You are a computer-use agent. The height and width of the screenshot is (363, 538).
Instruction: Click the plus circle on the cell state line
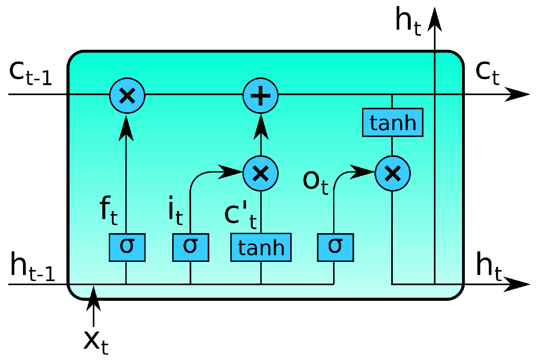pyautogui.click(x=261, y=95)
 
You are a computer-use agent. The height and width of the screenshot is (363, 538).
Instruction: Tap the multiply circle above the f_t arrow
pyautogui.click(x=127, y=95)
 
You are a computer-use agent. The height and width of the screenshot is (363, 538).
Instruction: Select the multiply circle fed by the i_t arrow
pyautogui.click(x=261, y=174)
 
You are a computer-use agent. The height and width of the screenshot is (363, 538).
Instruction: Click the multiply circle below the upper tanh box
pyautogui.click(x=392, y=174)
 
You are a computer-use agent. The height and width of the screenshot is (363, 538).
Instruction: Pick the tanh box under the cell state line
pyautogui.click(x=392, y=122)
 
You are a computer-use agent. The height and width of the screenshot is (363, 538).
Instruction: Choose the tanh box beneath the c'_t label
pyautogui.click(x=261, y=248)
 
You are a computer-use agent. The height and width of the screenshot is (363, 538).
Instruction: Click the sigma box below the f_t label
pyautogui.click(x=127, y=248)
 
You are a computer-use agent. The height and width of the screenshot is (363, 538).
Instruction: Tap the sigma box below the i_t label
pyautogui.click(x=191, y=248)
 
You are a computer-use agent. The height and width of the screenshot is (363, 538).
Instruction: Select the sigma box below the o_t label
pyautogui.click(x=335, y=248)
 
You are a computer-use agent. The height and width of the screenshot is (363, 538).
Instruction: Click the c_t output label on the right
pyautogui.click(x=487, y=72)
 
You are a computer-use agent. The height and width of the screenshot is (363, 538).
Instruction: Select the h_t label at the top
pyautogui.click(x=408, y=21)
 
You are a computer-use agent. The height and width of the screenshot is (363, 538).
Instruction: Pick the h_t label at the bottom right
pyautogui.click(x=488, y=267)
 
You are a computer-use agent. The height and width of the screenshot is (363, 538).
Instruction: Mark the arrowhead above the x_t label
pyautogui.click(x=93, y=298)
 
